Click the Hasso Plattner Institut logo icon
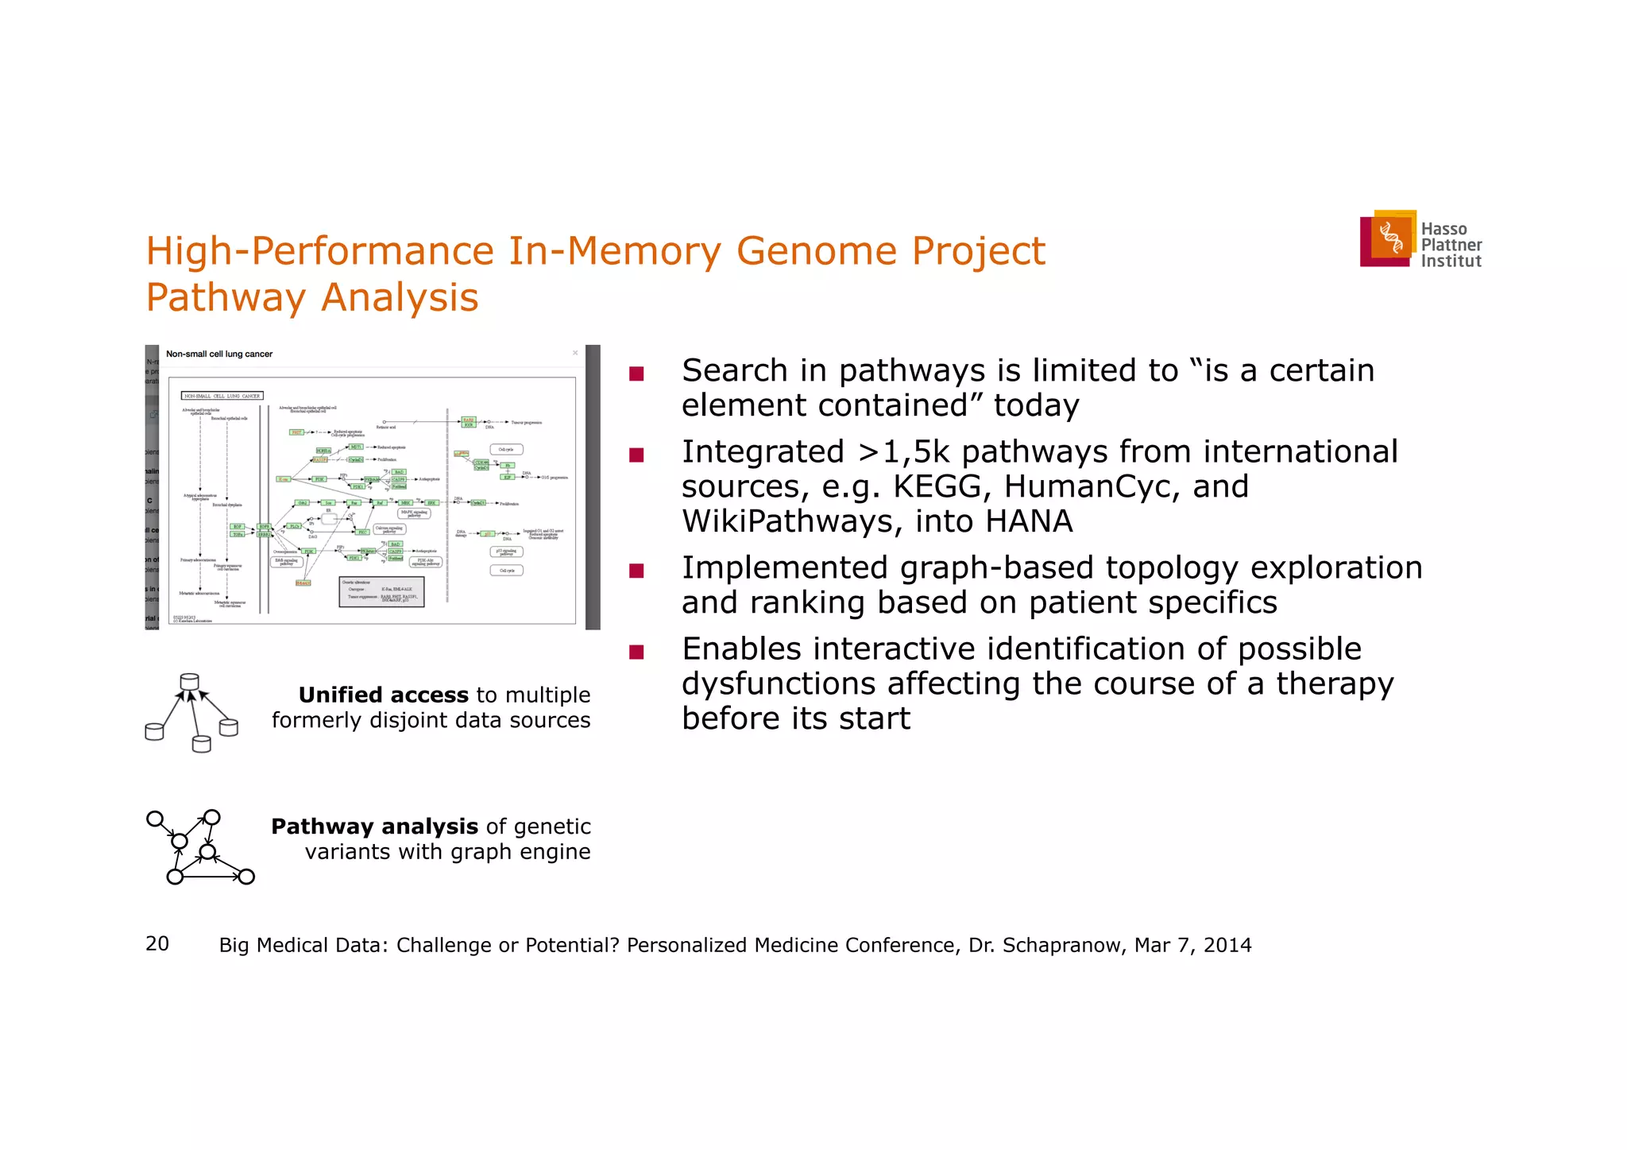point(1388,238)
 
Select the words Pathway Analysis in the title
point(312,298)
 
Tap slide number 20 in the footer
point(157,943)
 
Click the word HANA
point(1029,521)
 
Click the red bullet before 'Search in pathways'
point(636,374)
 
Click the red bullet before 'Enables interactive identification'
point(636,652)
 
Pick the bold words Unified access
point(383,695)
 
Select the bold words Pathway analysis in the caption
point(374,827)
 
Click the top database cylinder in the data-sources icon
point(189,682)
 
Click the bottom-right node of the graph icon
point(246,877)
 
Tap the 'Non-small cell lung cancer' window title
point(219,354)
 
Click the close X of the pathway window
point(575,354)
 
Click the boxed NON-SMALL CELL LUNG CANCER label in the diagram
point(222,396)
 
